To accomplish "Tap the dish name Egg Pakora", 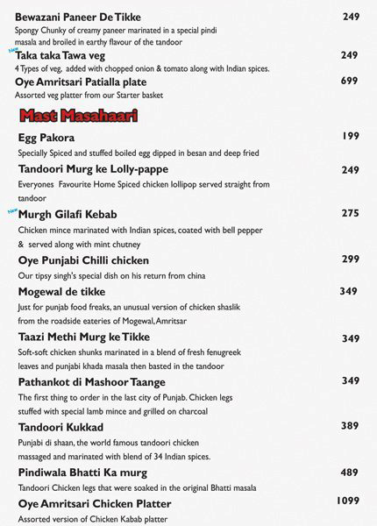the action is point(46,138).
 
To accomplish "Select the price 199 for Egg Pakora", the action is point(351,136).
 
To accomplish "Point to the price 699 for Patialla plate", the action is point(350,81).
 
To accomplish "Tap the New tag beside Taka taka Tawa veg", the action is point(12,51).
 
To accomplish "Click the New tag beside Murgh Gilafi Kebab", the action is point(12,210).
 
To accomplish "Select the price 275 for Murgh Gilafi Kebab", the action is point(351,213).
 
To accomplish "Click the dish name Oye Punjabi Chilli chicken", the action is point(83,260).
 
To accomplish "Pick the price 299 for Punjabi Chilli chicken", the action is point(351,259).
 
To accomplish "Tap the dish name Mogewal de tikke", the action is point(67,291).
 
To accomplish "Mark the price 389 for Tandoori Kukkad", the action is point(351,425).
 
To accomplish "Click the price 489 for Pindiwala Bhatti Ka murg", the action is point(351,472).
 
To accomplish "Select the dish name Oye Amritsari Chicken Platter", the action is point(94,503).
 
